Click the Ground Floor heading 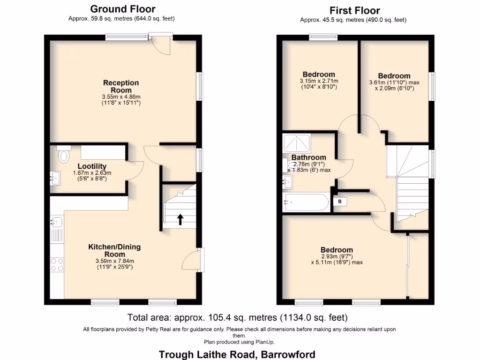tap(122, 9)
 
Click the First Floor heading tap(354, 10)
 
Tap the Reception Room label tap(121, 86)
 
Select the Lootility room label tap(92, 166)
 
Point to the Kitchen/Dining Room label tap(114, 251)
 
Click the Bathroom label tap(308, 157)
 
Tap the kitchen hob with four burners tap(57, 265)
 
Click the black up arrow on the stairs tap(180, 219)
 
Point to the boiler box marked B tap(340, 201)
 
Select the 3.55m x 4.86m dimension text tap(121, 97)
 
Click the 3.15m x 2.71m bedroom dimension tap(319, 81)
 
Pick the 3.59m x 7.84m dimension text tap(114, 261)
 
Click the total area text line tap(238, 317)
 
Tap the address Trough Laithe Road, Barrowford tap(237, 354)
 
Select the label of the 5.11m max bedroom tap(337, 250)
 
